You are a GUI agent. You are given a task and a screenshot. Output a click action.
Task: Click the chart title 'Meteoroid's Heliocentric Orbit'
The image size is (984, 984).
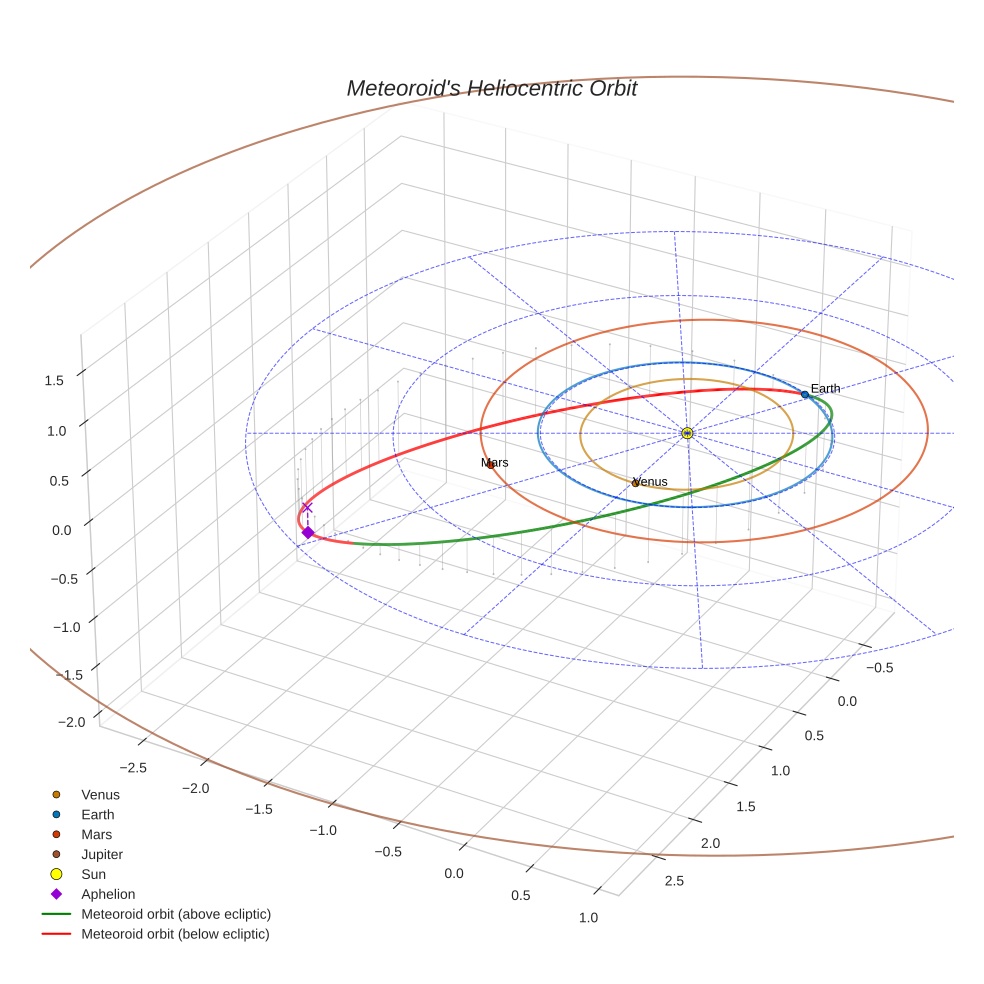pyautogui.click(x=491, y=88)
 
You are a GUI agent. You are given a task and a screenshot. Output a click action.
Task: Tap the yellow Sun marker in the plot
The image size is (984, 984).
pyautogui.click(x=687, y=433)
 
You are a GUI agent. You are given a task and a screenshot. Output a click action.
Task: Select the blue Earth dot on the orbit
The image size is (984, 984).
pyautogui.click(x=804, y=395)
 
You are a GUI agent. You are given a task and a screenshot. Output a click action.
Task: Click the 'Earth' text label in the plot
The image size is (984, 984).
pyautogui.click(x=825, y=388)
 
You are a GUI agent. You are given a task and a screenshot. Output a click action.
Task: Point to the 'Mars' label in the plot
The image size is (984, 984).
pyautogui.click(x=494, y=463)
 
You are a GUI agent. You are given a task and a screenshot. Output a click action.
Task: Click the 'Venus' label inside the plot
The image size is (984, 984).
pyautogui.click(x=650, y=482)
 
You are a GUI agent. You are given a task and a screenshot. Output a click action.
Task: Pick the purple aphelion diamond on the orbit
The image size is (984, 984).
pyautogui.click(x=308, y=533)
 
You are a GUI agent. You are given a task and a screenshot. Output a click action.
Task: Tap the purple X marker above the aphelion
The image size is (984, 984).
pyautogui.click(x=307, y=507)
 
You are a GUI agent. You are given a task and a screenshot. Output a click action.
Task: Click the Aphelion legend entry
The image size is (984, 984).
pyautogui.click(x=108, y=894)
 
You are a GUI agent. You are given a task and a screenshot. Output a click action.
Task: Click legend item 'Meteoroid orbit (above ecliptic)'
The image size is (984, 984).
pyautogui.click(x=175, y=914)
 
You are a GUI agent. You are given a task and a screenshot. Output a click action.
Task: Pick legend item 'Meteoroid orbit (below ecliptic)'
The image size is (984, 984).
pyautogui.click(x=175, y=934)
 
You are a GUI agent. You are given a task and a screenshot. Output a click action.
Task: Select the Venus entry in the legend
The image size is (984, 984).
pyautogui.click(x=100, y=794)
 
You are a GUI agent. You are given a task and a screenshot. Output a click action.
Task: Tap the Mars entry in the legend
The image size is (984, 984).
pyautogui.click(x=96, y=834)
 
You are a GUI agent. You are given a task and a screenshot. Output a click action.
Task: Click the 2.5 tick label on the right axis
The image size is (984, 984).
pyautogui.click(x=674, y=881)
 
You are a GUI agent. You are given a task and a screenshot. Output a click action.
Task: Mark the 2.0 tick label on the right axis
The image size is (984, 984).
pyautogui.click(x=709, y=844)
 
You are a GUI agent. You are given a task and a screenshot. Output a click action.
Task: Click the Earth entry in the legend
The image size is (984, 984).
pyautogui.click(x=97, y=814)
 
